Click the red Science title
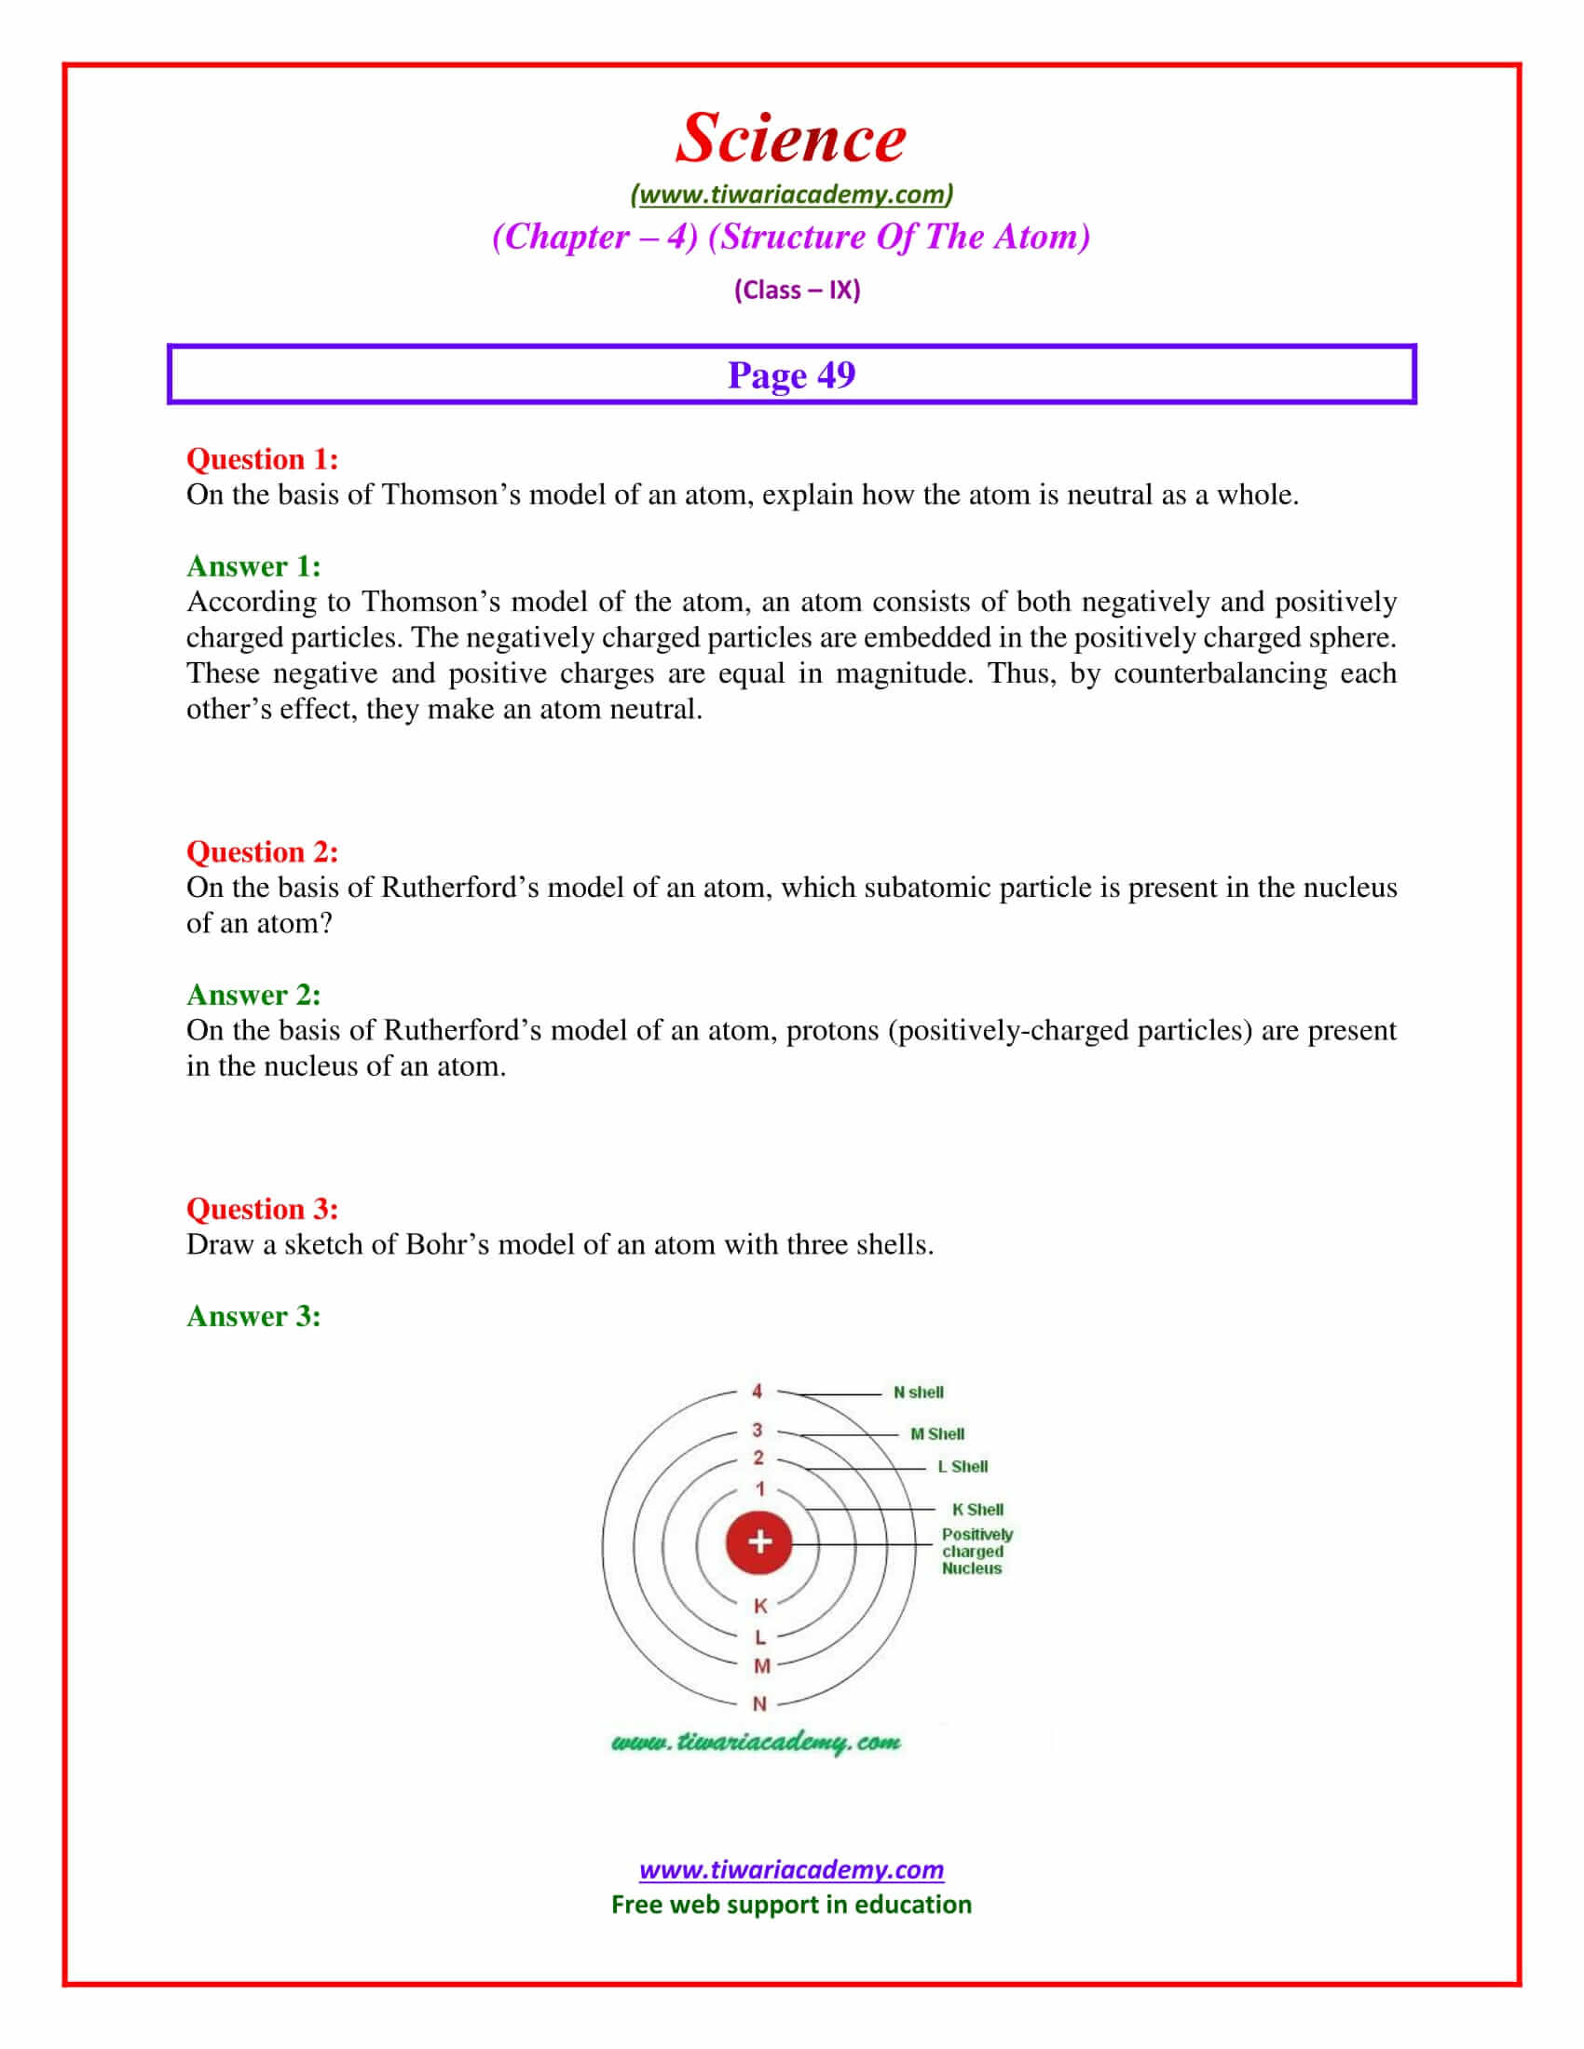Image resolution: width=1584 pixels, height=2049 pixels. [791, 138]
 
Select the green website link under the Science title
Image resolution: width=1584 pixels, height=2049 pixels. [791, 195]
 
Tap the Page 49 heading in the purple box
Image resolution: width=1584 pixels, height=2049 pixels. [791, 375]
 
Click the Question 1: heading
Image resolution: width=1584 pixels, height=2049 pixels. [262, 459]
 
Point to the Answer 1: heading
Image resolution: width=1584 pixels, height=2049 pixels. [253, 565]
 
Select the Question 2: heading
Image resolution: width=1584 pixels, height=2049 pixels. [262, 851]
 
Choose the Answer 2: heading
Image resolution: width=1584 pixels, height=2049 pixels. [253, 994]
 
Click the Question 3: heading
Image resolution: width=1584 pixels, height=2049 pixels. [262, 1208]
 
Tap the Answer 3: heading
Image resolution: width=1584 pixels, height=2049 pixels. [253, 1315]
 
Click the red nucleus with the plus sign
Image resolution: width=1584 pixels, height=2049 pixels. [759, 1541]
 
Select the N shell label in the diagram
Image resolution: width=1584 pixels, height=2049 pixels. [918, 1392]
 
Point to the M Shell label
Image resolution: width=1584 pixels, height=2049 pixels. [936, 1433]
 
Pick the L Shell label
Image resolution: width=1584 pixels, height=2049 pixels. [962, 1466]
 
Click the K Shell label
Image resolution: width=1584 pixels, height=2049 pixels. [976, 1510]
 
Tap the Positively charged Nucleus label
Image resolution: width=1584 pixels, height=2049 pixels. [976, 1551]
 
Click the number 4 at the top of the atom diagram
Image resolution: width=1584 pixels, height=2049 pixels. [758, 1391]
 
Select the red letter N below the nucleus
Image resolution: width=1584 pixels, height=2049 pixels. [760, 1703]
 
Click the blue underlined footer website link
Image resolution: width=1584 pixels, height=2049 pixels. [791, 1870]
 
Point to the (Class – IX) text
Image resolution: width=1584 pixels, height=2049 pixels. [797, 290]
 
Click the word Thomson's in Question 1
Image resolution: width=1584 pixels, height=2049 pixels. [450, 495]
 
